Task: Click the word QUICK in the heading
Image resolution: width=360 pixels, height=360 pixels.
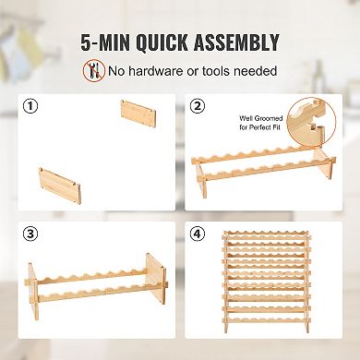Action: pyautogui.click(x=162, y=42)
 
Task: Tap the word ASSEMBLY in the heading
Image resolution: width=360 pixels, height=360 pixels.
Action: pyautogui.click(x=236, y=42)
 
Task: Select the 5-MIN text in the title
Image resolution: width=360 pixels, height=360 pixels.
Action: pyautogui.click(x=105, y=42)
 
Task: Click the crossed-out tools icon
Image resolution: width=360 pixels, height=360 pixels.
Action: pyautogui.click(x=93, y=70)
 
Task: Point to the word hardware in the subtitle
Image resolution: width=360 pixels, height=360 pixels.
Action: pyautogui.click(x=155, y=71)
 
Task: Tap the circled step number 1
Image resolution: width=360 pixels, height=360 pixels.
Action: pyautogui.click(x=30, y=106)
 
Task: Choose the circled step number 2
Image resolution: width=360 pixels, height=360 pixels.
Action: pyautogui.click(x=198, y=106)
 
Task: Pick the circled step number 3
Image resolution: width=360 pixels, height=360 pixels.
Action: pyautogui.click(x=30, y=234)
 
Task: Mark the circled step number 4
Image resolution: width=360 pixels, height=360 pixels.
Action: pyautogui.click(x=198, y=234)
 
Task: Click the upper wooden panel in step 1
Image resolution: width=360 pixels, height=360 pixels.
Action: pyautogui.click(x=138, y=114)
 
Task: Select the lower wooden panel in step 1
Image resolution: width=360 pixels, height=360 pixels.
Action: pyautogui.click(x=60, y=186)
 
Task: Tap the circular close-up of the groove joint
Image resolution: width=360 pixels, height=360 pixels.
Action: pyautogui.click(x=311, y=121)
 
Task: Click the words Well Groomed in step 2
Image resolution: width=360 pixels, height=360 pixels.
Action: pyautogui.click(x=261, y=118)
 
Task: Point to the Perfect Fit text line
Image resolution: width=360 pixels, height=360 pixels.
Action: pyautogui.click(x=260, y=127)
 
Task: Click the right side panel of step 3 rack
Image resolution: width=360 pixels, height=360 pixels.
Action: pyautogui.click(x=156, y=279)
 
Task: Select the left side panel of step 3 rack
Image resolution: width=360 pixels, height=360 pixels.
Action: pyautogui.click(x=33, y=291)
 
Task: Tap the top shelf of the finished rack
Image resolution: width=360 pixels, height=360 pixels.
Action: pyautogui.click(x=267, y=234)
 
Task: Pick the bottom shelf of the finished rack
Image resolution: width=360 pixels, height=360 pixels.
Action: pyautogui.click(x=267, y=320)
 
